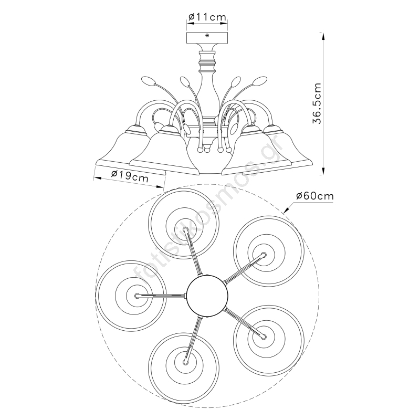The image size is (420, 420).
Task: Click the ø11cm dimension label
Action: (x=207, y=17)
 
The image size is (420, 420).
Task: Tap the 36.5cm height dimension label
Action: (x=317, y=103)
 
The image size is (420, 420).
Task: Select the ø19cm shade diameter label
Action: (x=130, y=177)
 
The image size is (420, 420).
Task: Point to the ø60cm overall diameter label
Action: (x=315, y=196)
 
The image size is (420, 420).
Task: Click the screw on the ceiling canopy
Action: (x=207, y=36)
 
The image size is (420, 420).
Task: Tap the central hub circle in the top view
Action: (x=207, y=296)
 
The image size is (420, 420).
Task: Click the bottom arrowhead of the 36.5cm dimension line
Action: (x=323, y=171)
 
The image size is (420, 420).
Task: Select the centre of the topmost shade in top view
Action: (x=184, y=224)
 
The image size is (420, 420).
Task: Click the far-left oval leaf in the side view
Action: (x=148, y=81)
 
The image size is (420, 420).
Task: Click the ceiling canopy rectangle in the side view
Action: (x=207, y=37)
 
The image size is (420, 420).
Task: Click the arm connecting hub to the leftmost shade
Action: (x=161, y=296)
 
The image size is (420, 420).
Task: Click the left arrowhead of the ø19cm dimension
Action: (x=98, y=178)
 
